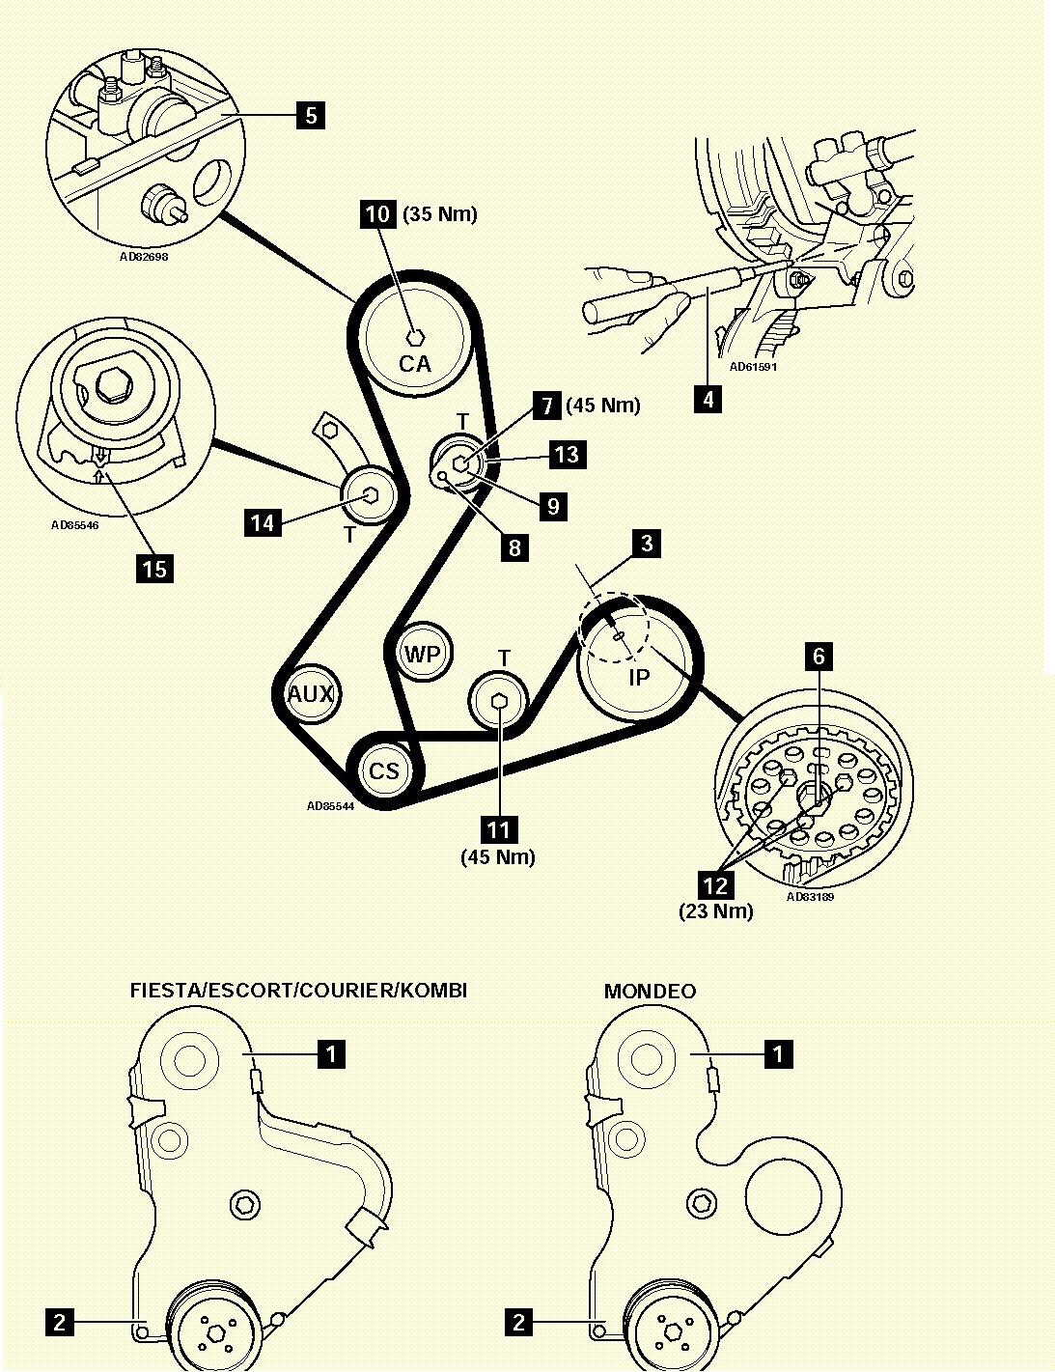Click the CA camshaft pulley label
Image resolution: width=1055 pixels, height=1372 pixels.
click(414, 364)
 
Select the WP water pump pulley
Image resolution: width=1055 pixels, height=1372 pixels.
click(423, 655)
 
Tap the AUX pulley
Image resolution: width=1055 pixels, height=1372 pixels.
click(311, 693)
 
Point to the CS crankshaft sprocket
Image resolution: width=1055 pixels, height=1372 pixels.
click(383, 770)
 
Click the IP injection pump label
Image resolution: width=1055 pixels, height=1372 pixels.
click(639, 677)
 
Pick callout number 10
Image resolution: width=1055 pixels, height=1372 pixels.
click(378, 213)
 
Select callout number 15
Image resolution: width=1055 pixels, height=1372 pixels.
click(154, 568)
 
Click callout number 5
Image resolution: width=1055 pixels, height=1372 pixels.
click(310, 116)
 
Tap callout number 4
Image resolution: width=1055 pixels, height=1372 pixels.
click(708, 398)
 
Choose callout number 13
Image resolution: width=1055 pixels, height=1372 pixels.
click(567, 454)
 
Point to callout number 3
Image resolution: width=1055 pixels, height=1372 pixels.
click(646, 543)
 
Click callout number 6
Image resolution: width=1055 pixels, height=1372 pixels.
click(819, 657)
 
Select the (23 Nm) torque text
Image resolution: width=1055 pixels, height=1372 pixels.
click(715, 910)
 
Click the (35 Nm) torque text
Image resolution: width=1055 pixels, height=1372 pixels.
click(440, 214)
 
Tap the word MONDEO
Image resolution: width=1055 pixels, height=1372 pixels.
click(650, 992)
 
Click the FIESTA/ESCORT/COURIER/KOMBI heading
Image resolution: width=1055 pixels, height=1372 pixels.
click(298, 991)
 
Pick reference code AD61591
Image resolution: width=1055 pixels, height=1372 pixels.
click(753, 367)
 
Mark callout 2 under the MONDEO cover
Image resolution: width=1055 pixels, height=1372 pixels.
click(519, 1321)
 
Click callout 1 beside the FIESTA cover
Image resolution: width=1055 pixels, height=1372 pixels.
click(331, 1052)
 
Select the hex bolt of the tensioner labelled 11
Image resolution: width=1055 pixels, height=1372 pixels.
click(499, 701)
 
